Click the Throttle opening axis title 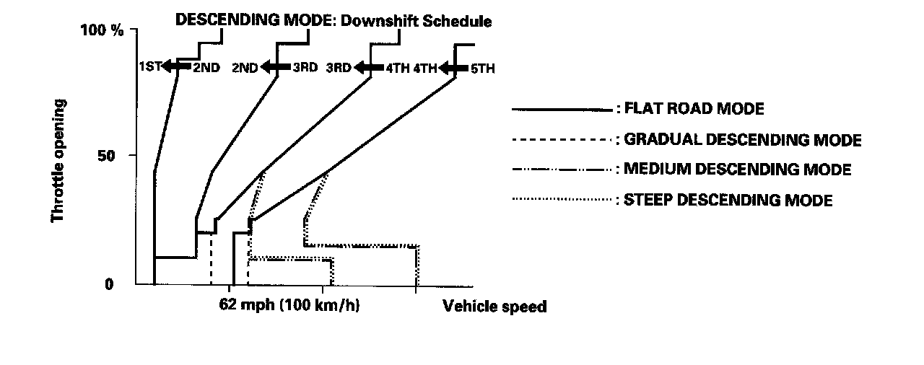click(x=58, y=160)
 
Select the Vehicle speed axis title click(x=494, y=307)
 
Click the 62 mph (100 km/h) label click(x=289, y=306)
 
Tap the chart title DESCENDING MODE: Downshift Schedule click(x=334, y=21)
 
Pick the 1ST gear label click(x=150, y=68)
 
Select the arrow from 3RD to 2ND click(x=275, y=67)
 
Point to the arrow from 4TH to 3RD click(x=368, y=68)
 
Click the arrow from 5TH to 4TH click(x=453, y=69)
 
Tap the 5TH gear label click(x=482, y=69)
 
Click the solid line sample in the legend click(x=561, y=110)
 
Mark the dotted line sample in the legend click(x=561, y=199)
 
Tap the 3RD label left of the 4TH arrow click(x=338, y=68)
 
